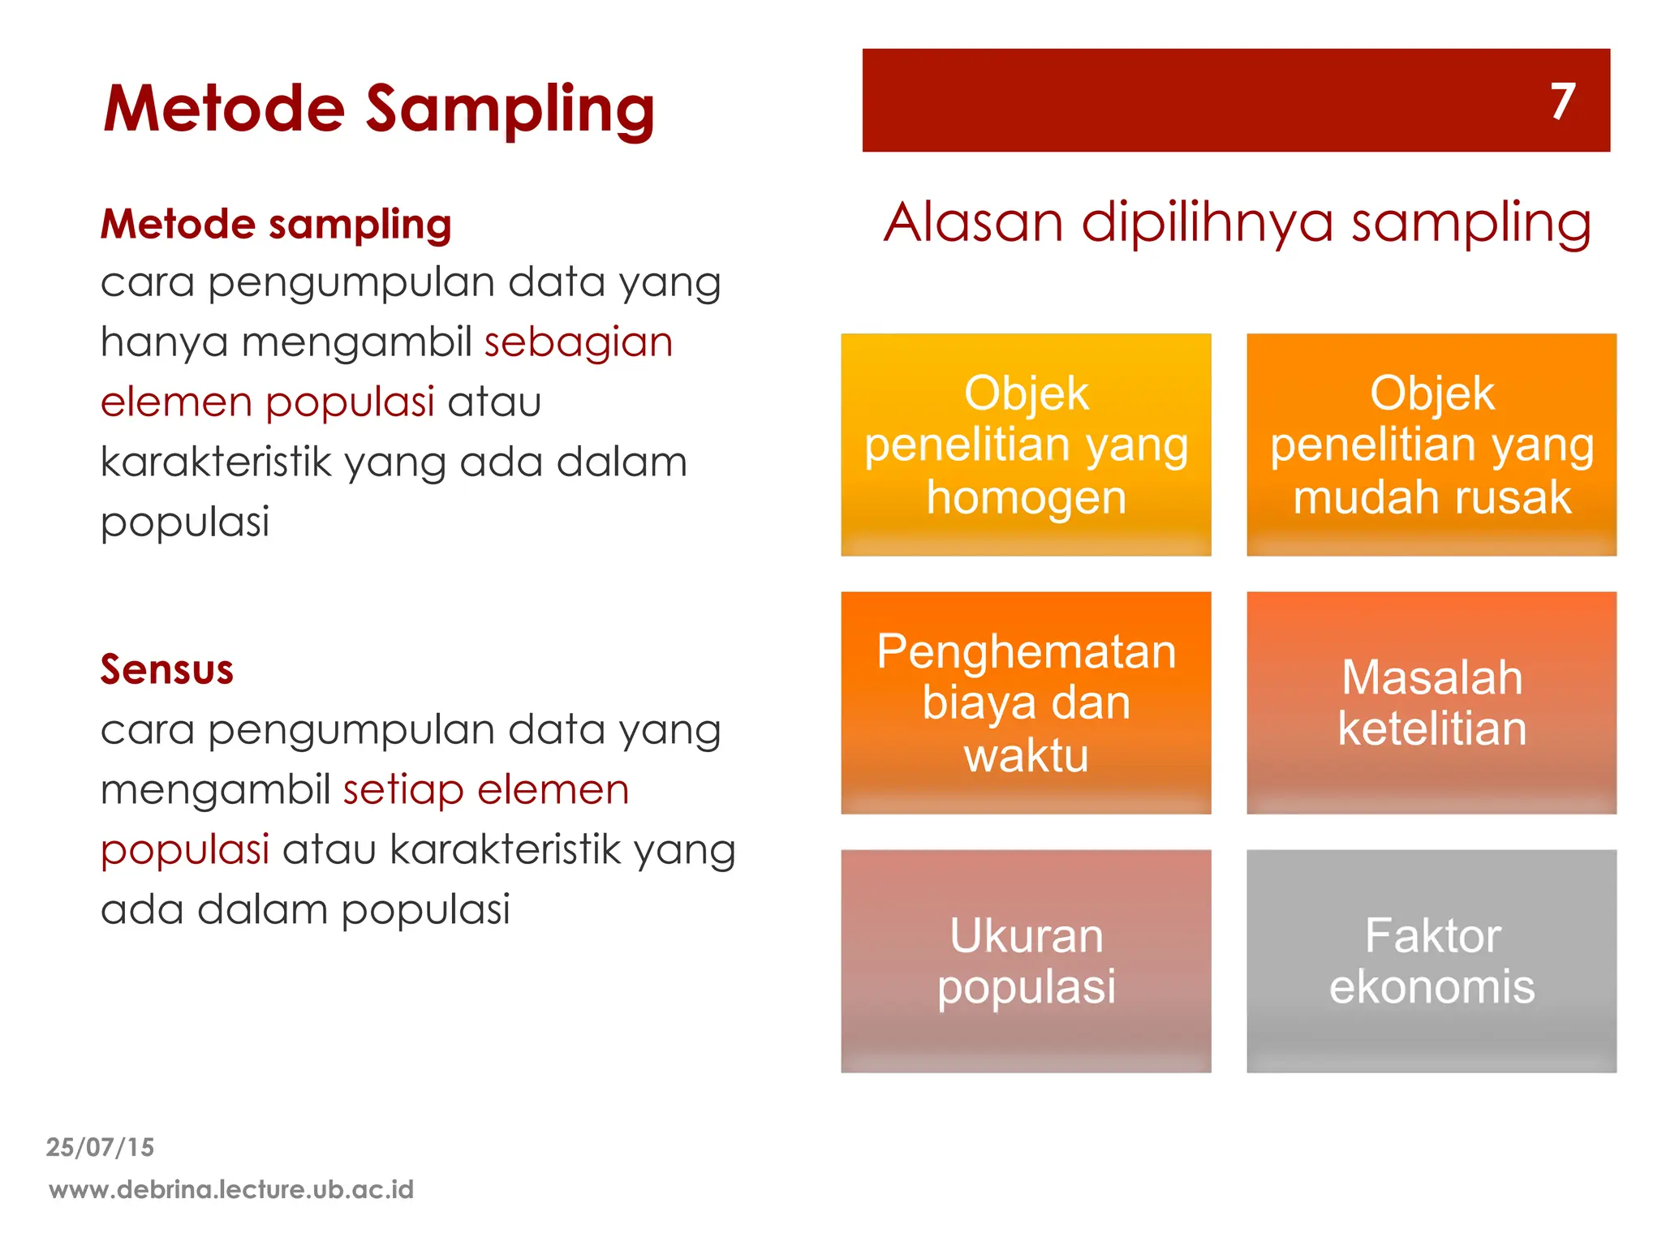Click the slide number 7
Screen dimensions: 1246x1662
(x=1562, y=101)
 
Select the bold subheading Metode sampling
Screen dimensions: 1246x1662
(x=276, y=225)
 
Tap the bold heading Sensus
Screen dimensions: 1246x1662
(x=167, y=670)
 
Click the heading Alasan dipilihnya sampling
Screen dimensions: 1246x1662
(x=1237, y=222)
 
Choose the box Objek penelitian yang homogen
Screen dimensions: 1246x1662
(x=1026, y=445)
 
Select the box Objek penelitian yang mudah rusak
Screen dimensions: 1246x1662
(x=1432, y=445)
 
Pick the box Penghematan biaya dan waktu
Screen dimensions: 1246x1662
(x=1026, y=702)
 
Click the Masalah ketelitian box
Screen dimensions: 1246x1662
(x=1432, y=702)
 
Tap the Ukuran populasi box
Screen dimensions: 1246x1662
(x=1026, y=960)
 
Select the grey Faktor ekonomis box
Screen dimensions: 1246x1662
(x=1432, y=960)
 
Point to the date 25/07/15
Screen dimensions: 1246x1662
(x=100, y=1147)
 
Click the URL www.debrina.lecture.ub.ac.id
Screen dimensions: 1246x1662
(x=231, y=1190)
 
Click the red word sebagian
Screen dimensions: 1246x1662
(x=579, y=342)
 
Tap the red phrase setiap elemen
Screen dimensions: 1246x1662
(x=486, y=790)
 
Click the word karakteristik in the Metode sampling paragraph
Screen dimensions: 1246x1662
(x=216, y=462)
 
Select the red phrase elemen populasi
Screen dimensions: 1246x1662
(x=268, y=402)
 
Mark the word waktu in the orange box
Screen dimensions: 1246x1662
(x=1026, y=756)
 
